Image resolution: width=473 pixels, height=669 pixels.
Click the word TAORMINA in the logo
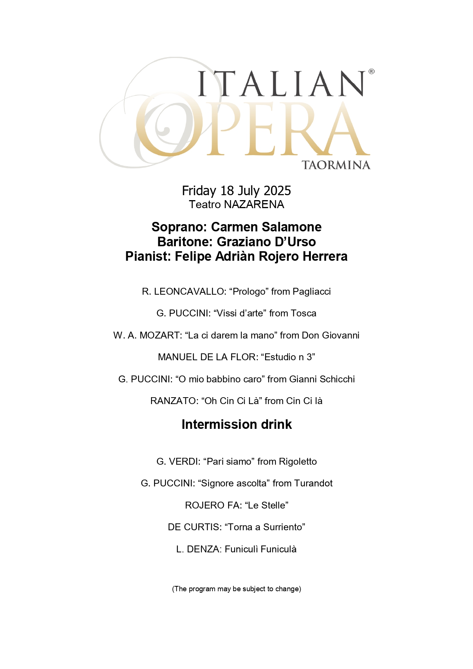coord(336,165)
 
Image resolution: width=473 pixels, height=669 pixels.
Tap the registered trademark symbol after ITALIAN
coord(371,71)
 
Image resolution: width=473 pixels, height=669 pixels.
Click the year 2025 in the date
coord(277,191)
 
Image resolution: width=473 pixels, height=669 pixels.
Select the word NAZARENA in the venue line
coord(254,205)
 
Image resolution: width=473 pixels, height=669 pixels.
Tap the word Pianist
coord(146,256)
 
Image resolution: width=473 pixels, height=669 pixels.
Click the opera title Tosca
coord(303,313)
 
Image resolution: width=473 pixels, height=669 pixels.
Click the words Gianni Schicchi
coord(322,379)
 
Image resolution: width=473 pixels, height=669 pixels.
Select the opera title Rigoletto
coord(298,462)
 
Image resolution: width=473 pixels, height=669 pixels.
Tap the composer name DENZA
coord(203,549)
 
